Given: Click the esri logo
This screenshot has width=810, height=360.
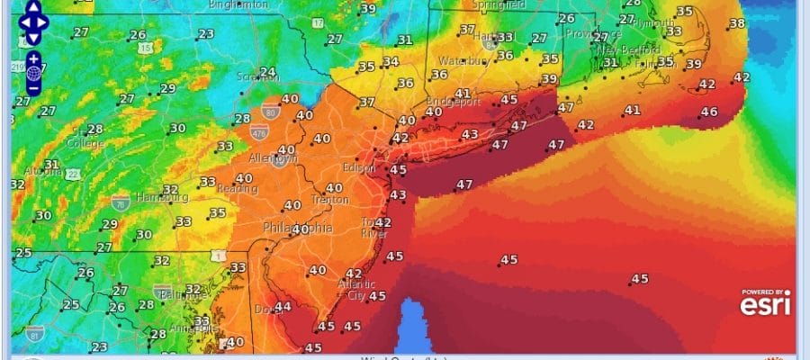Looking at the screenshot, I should click(765, 306).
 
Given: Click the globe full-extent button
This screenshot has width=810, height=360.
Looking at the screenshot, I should click(33, 72).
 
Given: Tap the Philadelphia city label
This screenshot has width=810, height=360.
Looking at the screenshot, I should click(297, 229).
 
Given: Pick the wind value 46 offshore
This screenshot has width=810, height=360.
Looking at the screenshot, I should click(709, 112).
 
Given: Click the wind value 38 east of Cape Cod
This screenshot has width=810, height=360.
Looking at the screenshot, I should click(736, 23).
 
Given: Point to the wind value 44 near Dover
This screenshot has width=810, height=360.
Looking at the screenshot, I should click(283, 307).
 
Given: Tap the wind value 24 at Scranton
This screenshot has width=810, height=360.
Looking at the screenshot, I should click(267, 72).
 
